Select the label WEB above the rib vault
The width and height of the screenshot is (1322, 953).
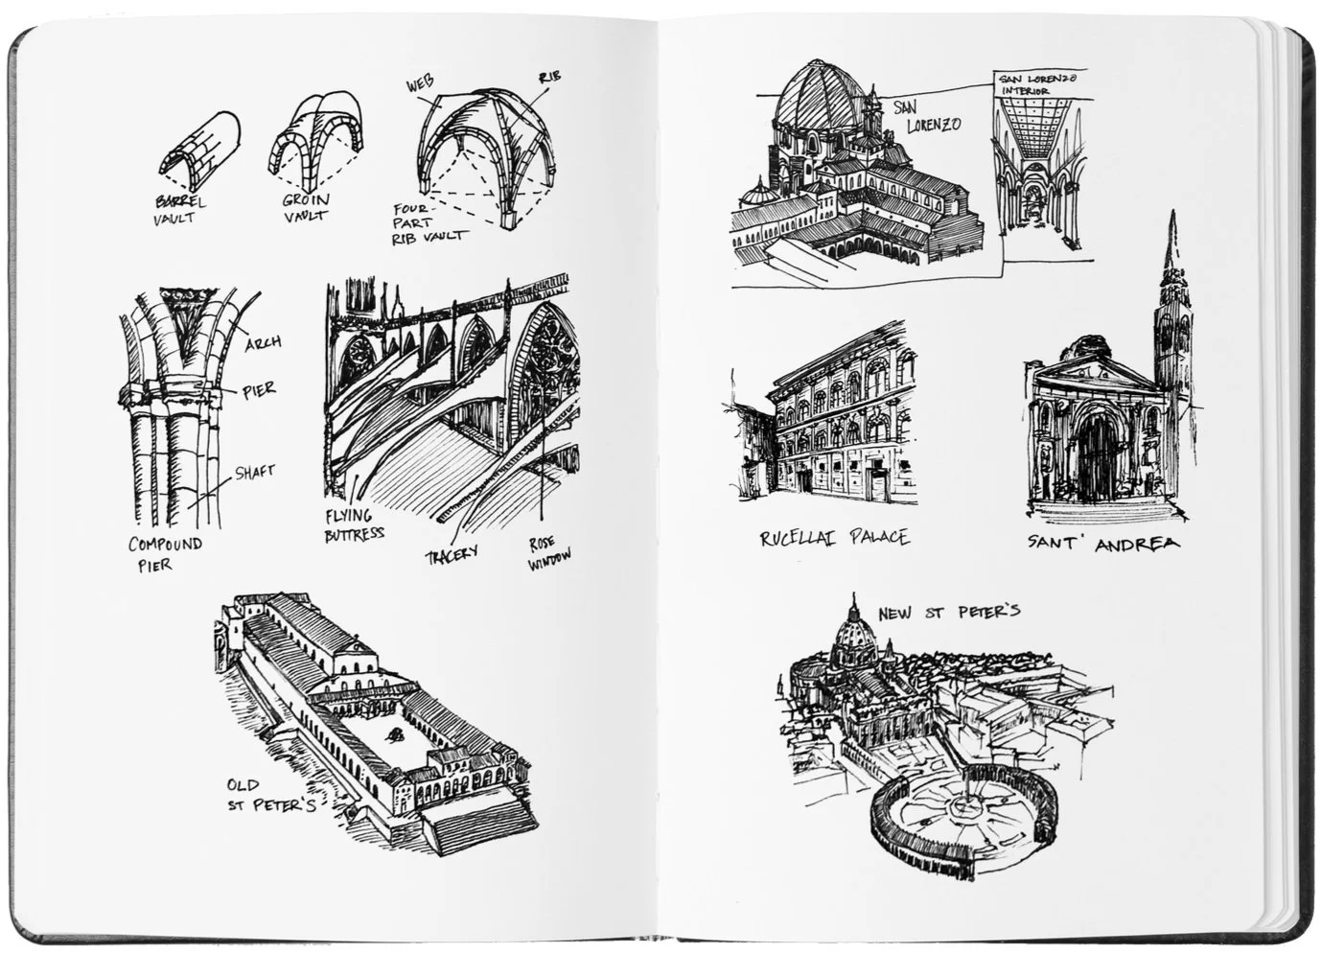point(419,85)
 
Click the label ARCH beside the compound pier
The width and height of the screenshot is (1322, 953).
point(263,342)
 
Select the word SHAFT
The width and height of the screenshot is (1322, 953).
point(254,472)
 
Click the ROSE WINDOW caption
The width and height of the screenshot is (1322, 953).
point(548,553)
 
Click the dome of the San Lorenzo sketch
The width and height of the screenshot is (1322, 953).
point(816,100)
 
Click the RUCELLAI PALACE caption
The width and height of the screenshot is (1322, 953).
point(834,538)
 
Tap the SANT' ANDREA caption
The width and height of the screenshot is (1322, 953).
point(1104,543)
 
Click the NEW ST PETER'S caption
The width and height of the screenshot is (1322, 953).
point(949,611)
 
